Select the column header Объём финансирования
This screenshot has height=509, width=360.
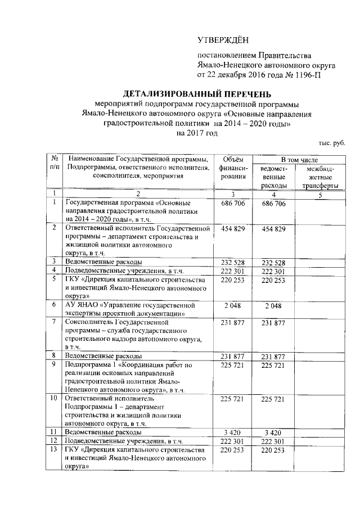point(232,169)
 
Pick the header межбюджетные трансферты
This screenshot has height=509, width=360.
point(319,177)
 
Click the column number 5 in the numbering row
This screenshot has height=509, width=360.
point(319,195)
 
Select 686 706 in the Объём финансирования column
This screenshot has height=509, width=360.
point(232,202)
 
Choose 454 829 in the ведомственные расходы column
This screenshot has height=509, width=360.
point(274,229)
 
